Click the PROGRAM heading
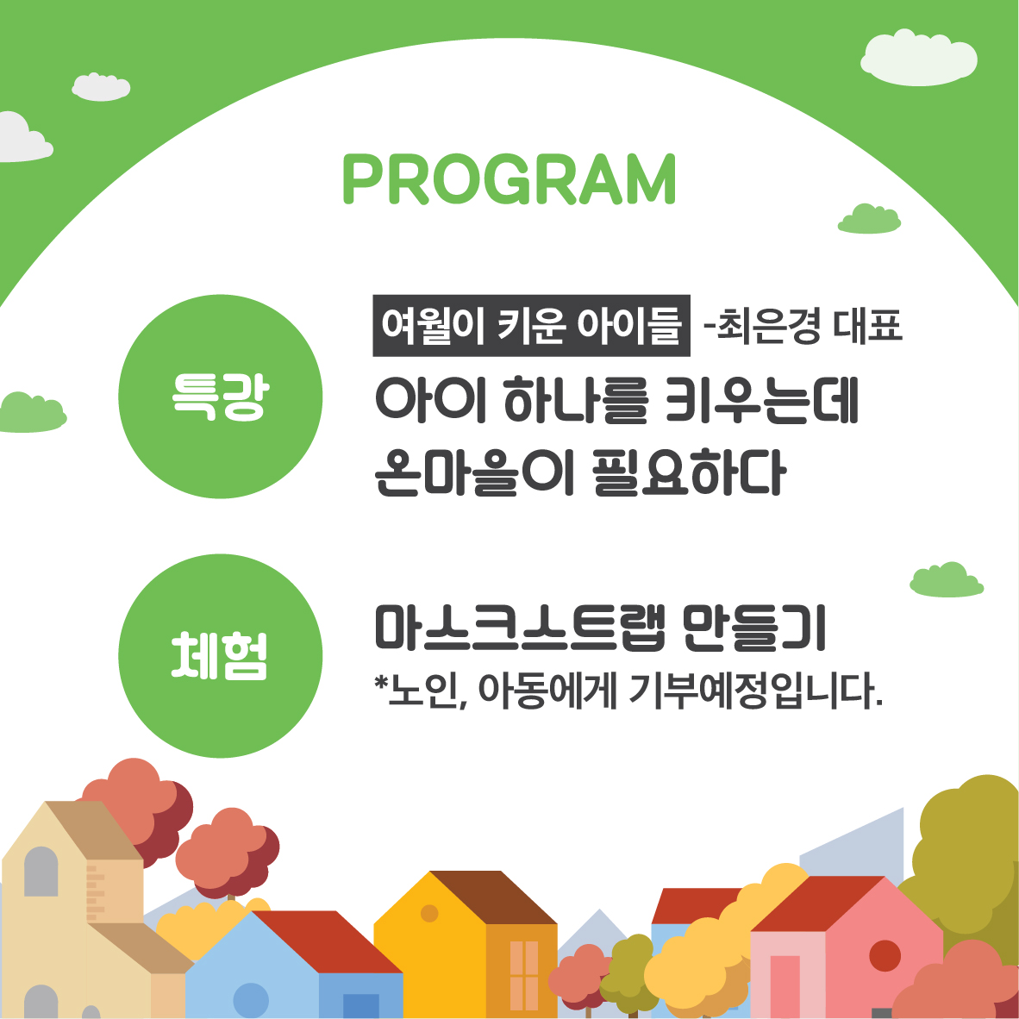(509, 179)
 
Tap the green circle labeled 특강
(221, 397)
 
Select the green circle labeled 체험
(221, 656)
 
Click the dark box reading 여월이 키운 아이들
(531, 326)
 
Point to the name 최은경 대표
(803, 326)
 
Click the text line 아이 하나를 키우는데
(616, 400)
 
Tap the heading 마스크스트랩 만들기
(600, 628)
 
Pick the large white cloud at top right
(919, 58)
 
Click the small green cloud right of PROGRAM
(869, 219)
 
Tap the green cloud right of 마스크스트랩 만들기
(947, 579)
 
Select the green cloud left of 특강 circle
(33, 413)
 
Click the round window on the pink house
(885, 956)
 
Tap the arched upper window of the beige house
(41, 872)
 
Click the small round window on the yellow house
(429, 913)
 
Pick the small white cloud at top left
(101, 87)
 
